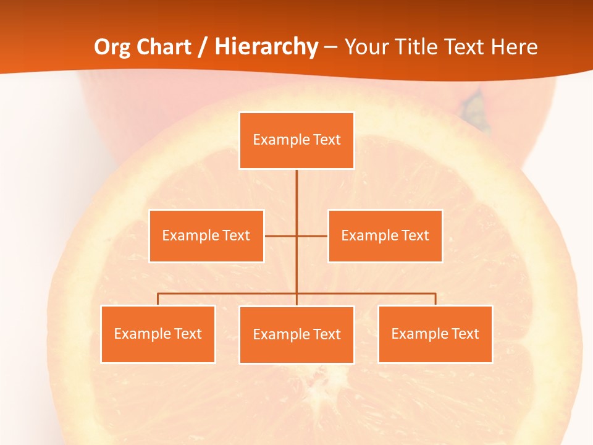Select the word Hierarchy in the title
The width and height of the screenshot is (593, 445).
(266, 47)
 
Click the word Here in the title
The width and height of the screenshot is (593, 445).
(514, 47)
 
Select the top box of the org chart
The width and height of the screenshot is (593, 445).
(296, 140)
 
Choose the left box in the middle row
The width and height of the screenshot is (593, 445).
(206, 236)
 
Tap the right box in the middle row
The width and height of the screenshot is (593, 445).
(385, 236)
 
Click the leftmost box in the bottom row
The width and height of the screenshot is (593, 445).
(158, 334)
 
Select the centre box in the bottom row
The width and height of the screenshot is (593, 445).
(296, 335)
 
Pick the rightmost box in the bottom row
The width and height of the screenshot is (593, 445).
(435, 334)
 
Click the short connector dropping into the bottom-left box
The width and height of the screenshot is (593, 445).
(158, 299)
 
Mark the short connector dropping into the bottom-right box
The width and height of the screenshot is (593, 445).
(435, 299)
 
